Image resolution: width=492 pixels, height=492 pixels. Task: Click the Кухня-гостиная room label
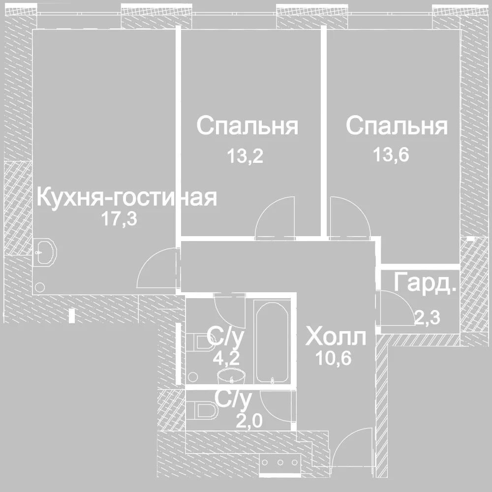[127, 197]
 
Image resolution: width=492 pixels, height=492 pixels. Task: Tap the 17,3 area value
[119, 218]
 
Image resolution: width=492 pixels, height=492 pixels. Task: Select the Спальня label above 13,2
[247, 125]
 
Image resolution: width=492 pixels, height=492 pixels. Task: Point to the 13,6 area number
[391, 154]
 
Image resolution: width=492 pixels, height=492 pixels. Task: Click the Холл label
[336, 337]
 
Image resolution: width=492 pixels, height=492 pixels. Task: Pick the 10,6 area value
[334, 358]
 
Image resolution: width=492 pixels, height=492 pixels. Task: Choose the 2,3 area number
[428, 317]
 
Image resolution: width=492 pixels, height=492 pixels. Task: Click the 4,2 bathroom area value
[226, 358]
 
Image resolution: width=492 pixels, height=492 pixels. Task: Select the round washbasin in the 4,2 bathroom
[231, 375]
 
